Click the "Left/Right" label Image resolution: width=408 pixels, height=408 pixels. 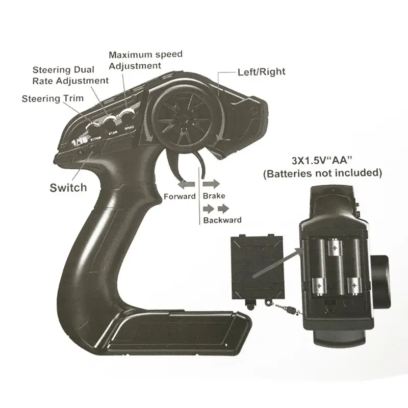[x=261, y=72]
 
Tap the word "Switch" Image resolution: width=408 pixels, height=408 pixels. [x=68, y=187]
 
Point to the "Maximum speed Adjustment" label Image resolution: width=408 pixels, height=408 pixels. [x=145, y=60]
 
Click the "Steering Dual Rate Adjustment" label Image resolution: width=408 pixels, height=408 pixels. [x=70, y=75]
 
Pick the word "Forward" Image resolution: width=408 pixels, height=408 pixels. [x=180, y=196]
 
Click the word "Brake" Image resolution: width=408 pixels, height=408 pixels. [x=214, y=196]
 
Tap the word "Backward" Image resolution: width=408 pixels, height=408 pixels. [x=222, y=220]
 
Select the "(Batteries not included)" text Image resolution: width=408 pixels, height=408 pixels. [x=322, y=173]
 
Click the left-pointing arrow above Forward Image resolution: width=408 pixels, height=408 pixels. [x=185, y=183]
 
